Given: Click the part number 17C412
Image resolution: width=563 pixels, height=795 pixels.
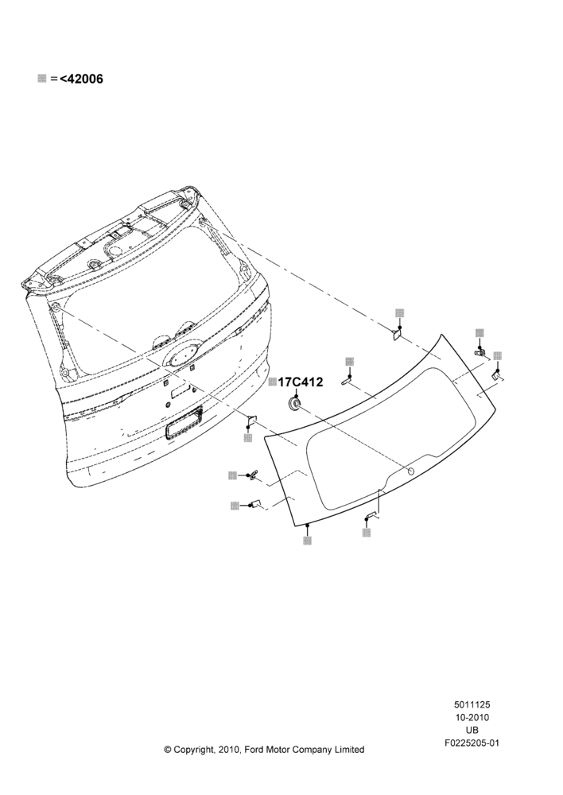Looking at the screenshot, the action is point(301,382).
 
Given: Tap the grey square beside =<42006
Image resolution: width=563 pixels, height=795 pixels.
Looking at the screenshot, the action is point(42,79).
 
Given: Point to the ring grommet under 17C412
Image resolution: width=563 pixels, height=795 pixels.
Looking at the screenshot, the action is point(293,403).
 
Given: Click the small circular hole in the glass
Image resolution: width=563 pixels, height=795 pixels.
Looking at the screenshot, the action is point(411,471).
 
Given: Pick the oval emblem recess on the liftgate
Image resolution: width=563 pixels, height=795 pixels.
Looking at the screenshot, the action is point(181,356).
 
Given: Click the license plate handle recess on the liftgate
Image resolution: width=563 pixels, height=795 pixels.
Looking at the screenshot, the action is point(184,422).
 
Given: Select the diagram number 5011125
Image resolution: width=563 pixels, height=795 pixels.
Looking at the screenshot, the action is point(472,704).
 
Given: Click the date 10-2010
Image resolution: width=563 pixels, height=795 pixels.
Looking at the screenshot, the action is point(472,717).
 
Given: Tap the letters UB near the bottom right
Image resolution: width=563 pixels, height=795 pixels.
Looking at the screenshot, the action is point(472,731).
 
